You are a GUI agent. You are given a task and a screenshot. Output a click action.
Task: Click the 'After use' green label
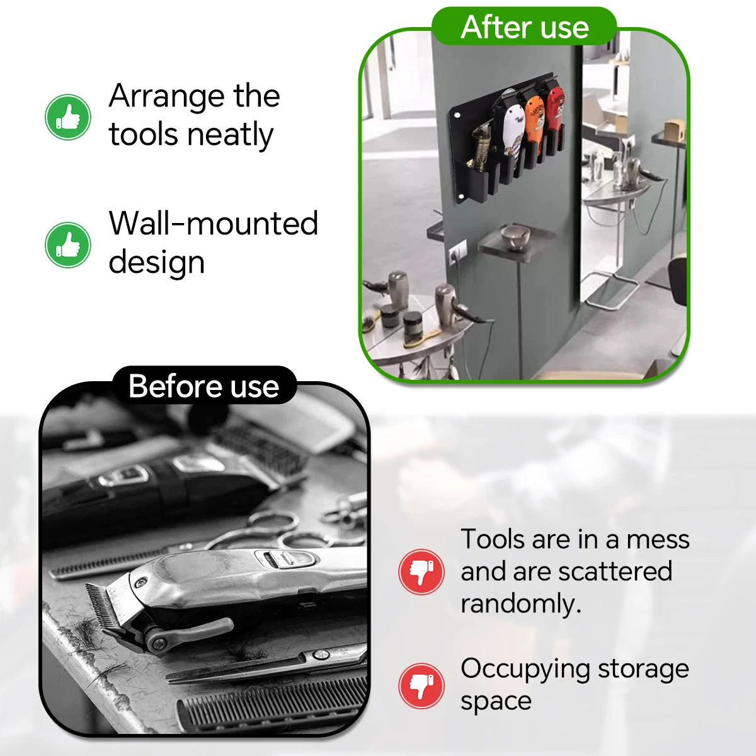coord(524,26)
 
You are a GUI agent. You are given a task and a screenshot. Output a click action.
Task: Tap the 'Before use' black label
coord(204,386)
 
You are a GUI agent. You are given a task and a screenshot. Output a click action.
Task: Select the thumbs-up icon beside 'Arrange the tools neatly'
coord(68,117)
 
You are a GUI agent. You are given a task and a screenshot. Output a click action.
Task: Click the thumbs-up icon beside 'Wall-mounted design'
coord(68,245)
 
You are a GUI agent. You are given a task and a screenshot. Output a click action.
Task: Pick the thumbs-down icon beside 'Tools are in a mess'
coord(421,571)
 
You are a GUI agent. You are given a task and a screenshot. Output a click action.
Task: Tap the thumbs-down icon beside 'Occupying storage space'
coord(421,686)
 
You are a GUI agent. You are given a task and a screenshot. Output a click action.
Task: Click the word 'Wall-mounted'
coord(214,223)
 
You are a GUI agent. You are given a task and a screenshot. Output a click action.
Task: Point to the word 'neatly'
coord(230,135)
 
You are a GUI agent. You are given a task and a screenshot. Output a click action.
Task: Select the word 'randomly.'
coord(520,604)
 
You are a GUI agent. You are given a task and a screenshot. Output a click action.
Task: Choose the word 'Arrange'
coord(166,97)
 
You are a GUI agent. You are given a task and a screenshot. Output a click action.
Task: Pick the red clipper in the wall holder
coord(553,108)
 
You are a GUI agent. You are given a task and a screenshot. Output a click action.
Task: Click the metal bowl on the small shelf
coord(515,237)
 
